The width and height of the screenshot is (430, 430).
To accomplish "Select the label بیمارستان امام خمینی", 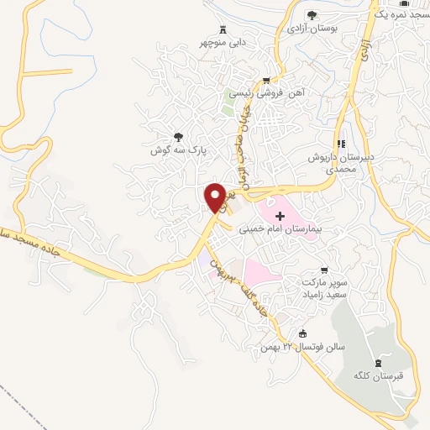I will pos(276,228).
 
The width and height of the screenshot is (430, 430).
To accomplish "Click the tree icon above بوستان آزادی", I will pos(312,15).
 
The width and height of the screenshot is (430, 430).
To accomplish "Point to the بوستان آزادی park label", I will pos(312,29).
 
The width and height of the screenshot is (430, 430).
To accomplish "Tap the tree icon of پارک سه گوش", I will pos(178,136).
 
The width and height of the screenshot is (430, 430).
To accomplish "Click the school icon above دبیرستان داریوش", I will pos(341,144).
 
